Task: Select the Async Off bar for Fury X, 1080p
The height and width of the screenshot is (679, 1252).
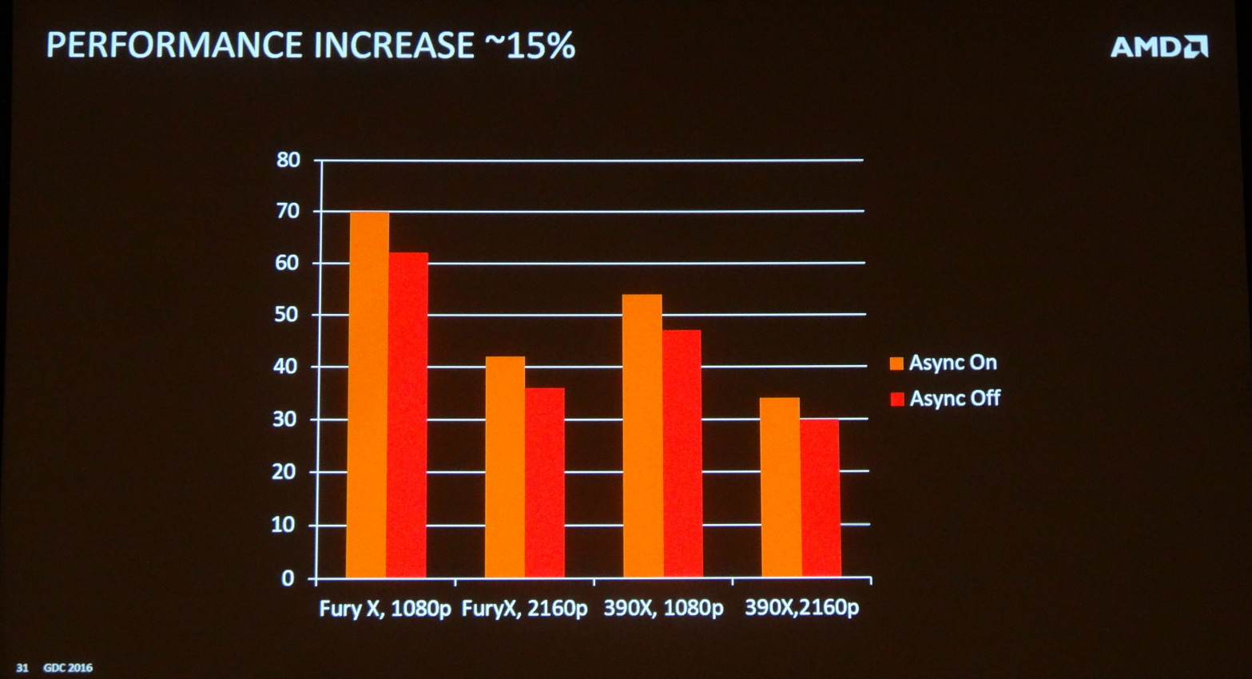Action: click(407, 415)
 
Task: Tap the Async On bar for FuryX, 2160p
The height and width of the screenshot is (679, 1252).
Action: click(505, 467)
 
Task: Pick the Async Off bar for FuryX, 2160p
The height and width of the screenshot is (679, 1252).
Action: click(544, 482)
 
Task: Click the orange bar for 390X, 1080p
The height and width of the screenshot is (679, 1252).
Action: click(642, 435)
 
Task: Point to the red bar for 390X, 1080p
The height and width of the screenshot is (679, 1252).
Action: click(682, 453)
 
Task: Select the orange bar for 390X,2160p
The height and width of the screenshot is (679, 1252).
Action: click(780, 487)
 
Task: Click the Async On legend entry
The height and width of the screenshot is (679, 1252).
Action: click(944, 363)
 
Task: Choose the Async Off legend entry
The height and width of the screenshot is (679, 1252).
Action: click(945, 398)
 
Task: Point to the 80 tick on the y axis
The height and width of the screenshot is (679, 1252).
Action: click(288, 160)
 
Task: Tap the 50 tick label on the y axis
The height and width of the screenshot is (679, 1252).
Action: click(288, 315)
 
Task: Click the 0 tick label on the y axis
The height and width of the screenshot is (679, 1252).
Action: click(288, 578)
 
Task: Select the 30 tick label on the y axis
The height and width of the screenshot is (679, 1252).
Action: click(288, 419)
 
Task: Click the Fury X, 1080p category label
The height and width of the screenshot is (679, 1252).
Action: click(385, 609)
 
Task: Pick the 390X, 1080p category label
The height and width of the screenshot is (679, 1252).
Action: click(663, 608)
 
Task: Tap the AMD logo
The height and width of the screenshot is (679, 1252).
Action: click(1159, 47)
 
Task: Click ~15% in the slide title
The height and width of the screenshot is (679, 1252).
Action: click(529, 46)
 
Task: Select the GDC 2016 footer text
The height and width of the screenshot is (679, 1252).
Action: click(68, 667)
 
